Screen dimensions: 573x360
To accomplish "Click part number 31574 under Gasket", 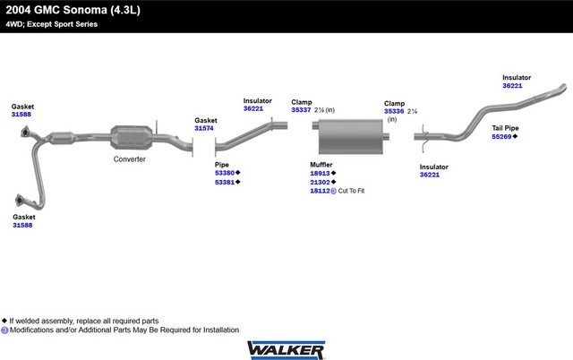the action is (204, 128).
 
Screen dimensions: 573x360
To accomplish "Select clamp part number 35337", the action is (301, 110).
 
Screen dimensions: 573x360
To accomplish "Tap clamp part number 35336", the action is (394, 111).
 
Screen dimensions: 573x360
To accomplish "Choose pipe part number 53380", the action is (225, 173).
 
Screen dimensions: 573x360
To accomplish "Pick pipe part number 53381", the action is (225, 183).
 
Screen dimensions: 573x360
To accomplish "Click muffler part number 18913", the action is (321, 174).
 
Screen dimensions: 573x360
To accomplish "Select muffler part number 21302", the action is (321, 183).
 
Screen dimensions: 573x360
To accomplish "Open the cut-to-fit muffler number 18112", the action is (321, 191).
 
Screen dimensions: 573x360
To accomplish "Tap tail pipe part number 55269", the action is (501, 137).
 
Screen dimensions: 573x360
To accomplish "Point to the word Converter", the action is (129, 159).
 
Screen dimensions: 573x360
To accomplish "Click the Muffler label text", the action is (321, 165).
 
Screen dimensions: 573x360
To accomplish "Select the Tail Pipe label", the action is (505, 128).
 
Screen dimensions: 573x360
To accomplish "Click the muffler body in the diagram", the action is (350, 136).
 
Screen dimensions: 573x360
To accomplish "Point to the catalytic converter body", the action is (132, 137).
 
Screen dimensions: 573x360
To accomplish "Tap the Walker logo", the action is (286, 350).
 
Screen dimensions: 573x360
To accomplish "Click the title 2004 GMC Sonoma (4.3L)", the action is (73, 10).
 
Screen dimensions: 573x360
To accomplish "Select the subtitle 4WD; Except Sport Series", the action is (52, 24).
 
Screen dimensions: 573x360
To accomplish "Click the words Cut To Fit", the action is (351, 191).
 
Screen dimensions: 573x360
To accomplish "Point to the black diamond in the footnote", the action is (4, 321).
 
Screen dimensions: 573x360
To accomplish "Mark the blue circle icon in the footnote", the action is (4, 330).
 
